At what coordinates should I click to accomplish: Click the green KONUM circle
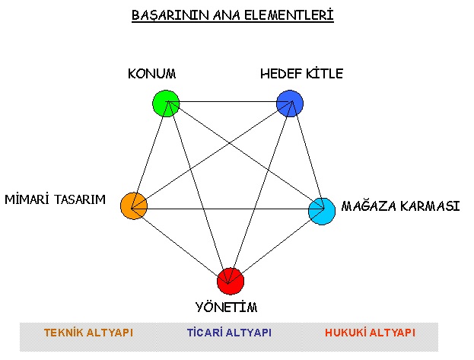click(166, 104)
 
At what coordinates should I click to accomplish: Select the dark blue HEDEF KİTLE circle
click(290, 104)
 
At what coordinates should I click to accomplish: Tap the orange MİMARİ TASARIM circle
click(134, 206)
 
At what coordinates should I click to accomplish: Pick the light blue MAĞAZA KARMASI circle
click(322, 211)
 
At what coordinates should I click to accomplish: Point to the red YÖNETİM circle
click(231, 281)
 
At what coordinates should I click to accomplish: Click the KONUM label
click(151, 74)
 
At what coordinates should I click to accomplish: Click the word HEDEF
click(282, 74)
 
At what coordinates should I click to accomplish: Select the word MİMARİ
click(27, 199)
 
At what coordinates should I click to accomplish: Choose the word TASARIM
click(80, 199)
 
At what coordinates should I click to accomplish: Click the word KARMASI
click(430, 206)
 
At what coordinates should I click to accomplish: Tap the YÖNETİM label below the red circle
click(227, 307)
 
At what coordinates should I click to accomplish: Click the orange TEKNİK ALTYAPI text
click(88, 333)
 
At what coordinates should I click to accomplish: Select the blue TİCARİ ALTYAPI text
click(230, 333)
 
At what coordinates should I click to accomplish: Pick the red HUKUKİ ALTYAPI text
click(370, 333)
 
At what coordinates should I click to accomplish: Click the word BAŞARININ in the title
click(170, 16)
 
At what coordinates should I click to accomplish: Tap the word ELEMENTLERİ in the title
click(288, 15)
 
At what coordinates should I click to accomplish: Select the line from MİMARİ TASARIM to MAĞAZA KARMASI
click(227, 209)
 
